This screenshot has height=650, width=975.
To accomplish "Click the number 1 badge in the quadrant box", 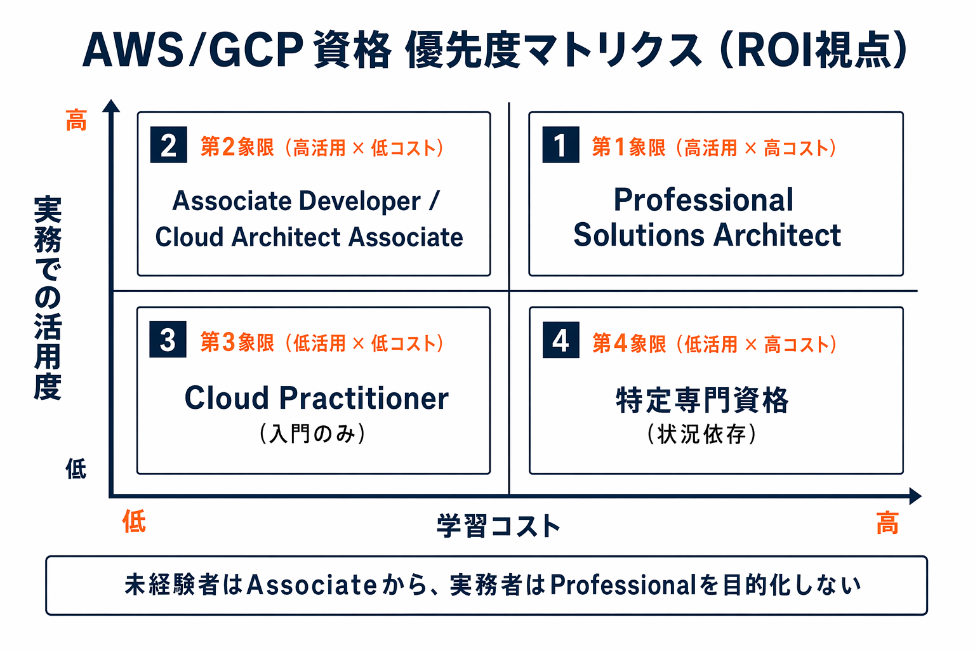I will click(560, 145).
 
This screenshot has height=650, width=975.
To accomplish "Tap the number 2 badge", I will click(168, 145).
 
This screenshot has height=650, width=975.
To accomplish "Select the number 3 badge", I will click(168, 340).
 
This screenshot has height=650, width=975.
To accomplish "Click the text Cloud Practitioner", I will click(316, 399).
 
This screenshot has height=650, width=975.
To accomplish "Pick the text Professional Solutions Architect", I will click(706, 217).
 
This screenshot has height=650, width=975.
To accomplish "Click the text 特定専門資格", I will click(702, 401).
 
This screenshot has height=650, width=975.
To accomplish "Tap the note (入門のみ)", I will click(312, 434).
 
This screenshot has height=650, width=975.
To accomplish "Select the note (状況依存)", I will click(702, 435).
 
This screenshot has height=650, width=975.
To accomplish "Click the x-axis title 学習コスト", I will click(499, 526).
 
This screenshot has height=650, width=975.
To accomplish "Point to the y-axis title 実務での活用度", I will click(48, 298).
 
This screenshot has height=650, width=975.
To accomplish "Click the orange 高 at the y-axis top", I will click(76, 120).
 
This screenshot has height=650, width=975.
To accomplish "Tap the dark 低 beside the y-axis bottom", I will click(76, 470).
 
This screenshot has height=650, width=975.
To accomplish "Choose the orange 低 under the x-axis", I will click(134, 522).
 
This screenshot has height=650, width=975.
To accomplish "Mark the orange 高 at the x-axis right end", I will click(887, 524).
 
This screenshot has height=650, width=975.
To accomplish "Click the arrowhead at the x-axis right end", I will click(915, 496).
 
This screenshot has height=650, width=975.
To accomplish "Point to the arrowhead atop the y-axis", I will click(111, 106).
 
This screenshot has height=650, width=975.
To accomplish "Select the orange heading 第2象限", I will click(237, 147).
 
